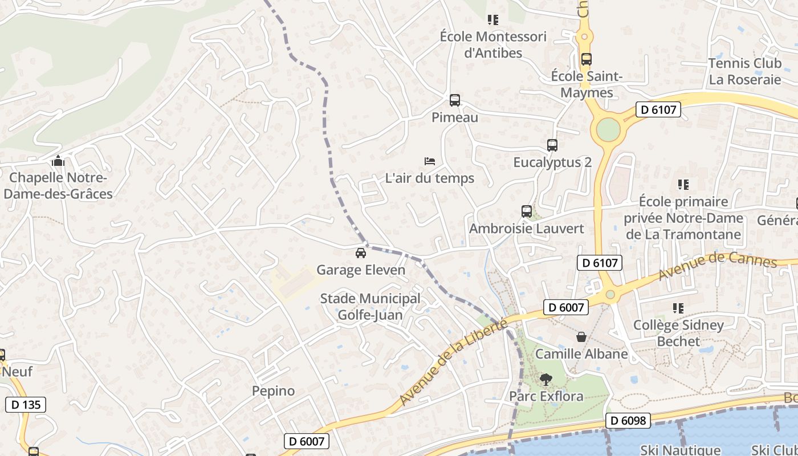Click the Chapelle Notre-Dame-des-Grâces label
pyautogui.click(x=58, y=186)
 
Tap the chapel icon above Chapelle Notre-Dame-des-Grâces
pyautogui.click(x=58, y=161)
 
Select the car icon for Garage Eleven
pyautogui.click(x=361, y=253)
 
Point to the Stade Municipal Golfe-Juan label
pyautogui.click(x=370, y=307)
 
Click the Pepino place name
pyautogui.click(x=274, y=391)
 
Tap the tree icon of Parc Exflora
pyautogui.click(x=546, y=379)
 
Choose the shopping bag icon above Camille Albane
pyautogui.click(x=581, y=337)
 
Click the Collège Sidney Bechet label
pyautogui.click(x=678, y=333)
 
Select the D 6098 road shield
pyautogui.click(x=628, y=421)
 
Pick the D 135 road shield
pyautogui.click(x=26, y=405)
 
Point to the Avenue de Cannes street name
pyautogui.click(x=717, y=266)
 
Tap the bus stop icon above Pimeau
pyautogui.click(x=454, y=100)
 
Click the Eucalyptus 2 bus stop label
pyautogui.click(x=552, y=162)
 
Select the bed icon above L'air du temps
pyautogui.click(x=430, y=161)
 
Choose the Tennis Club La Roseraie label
pyautogui.click(x=744, y=71)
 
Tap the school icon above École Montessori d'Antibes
pyautogui.click(x=493, y=20)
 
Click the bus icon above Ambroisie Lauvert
pyautogui.click(x=527, y=211)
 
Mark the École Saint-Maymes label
pyautogui.click(x=587, y=84)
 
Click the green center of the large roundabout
pyautogui.click(x=608, y=131)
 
